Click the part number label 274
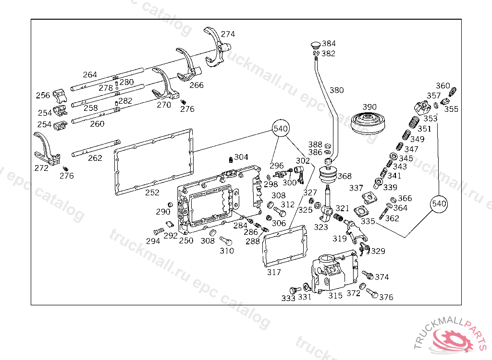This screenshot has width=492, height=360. click(228, 34)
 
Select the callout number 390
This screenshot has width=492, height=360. click(369, 107)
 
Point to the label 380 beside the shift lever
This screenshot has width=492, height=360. click(337, 90)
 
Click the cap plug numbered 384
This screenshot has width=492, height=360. click(315, 45)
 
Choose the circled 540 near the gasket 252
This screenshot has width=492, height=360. click(281, 129)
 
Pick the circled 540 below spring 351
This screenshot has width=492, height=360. click(439, 204)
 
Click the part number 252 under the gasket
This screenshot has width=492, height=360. click(152, 192)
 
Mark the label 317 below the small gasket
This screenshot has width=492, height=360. click(274, 272)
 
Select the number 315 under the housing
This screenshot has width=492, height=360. click(335, 296)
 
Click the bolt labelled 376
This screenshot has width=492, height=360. click(370, 292)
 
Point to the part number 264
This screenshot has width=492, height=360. click(90, 74)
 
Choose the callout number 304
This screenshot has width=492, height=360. click(241, 157)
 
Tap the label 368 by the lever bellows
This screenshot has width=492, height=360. click(344, 176)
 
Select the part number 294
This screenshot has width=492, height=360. click(153, 241)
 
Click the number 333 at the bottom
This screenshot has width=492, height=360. click(288, 298)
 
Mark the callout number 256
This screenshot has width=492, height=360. click(43, 95)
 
